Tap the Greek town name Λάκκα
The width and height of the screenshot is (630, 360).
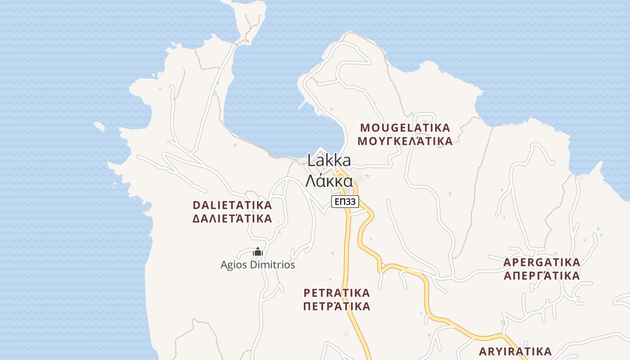pyautogui.click(x=329, y=181)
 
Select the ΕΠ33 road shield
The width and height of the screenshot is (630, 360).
pyautogui.click(x=345, y=202)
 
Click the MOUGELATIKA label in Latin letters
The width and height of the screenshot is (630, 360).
pyautogui.click(x=405, y=128)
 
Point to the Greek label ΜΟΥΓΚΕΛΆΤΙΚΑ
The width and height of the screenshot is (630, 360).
pyautogui.click(x=405, y=141)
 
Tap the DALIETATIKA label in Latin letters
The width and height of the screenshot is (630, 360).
pyautogui.click(x=232, y=205)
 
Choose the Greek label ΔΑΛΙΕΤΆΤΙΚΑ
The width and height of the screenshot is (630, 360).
pyautogui.click(x=232, y=219)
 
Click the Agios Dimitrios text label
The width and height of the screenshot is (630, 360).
pyautogui.click(x=258, y=265)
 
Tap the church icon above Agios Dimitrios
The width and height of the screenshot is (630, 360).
pyautogui.click(x=258, y=252)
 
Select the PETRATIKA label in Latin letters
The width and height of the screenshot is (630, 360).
pyautogui.click(x=337, y=293)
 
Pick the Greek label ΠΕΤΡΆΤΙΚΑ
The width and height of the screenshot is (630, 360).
pyautogui.click(x=337, y=307)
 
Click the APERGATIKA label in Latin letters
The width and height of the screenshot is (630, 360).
pyautogui.click(x=542, y=262)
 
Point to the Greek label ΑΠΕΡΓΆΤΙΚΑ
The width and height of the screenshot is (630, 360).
pyautogui.click(x=542, y=276)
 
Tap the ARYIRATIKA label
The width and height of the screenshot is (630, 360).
pyautogui.click(x=515, y=351)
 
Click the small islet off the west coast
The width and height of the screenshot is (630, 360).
pyautogui.click(x=99, y=126)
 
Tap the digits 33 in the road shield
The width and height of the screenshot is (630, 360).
pyautogui.click(x=351, y=202)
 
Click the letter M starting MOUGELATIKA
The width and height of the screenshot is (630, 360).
pyautogui.click(x=365, y=128)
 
